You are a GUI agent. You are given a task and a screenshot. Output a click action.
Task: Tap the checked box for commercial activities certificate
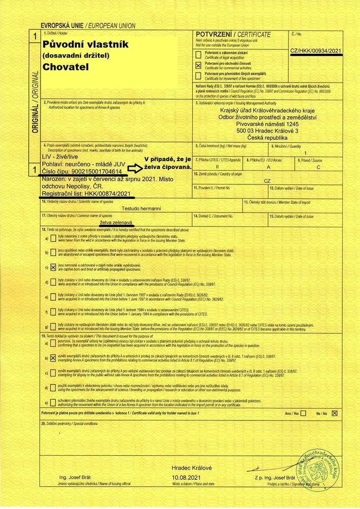click(199, 64)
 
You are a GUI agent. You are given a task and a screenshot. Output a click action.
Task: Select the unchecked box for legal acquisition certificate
click(199, 54)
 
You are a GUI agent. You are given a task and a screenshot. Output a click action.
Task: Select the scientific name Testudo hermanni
click(141, 208)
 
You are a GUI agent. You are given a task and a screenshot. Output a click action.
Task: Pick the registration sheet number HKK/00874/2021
click(107, 193)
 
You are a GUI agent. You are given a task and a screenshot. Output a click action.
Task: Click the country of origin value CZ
click(267, 181)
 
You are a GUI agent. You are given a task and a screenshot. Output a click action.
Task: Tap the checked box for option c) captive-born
click(53, 267)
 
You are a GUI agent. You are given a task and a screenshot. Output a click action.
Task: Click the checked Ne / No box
click(334, 413)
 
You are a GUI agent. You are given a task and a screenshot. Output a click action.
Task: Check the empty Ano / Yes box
click(303, 413)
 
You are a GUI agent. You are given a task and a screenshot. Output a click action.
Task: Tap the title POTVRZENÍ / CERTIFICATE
click(231, 34)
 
